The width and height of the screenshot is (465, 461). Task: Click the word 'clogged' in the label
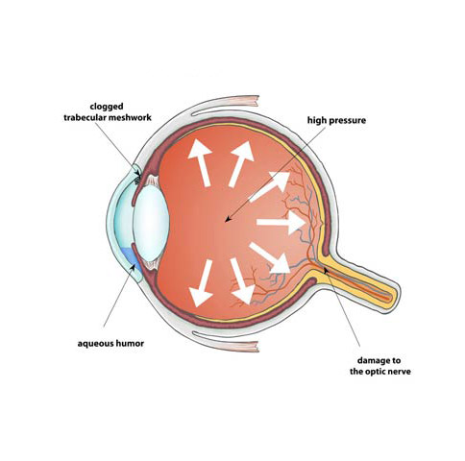pos(107,107)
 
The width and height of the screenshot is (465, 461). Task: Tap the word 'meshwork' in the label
pos(130,118)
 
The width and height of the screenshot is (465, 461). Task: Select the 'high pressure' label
pos(336,121)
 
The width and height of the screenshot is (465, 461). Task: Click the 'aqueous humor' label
pos(110,344)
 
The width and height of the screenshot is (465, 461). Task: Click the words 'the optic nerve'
pos(380,372)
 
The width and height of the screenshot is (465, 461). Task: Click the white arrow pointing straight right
pos(281,222)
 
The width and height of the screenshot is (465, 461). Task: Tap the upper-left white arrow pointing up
pos(200,162)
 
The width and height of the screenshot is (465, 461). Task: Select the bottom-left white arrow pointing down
pos(202,283)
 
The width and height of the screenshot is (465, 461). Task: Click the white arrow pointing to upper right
pos(270,186)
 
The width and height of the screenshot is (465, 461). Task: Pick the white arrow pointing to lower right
pos(270,258)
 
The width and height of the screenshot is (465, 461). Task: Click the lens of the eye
pos(151,222)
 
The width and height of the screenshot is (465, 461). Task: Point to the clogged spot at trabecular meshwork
pos(137,181)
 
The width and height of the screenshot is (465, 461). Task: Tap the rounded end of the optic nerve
pos(395,296)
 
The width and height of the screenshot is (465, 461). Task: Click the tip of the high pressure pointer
pos(226,221)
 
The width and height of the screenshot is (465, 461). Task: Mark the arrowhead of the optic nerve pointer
pos(326,271)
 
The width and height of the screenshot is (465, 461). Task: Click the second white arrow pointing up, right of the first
pos(241,163)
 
